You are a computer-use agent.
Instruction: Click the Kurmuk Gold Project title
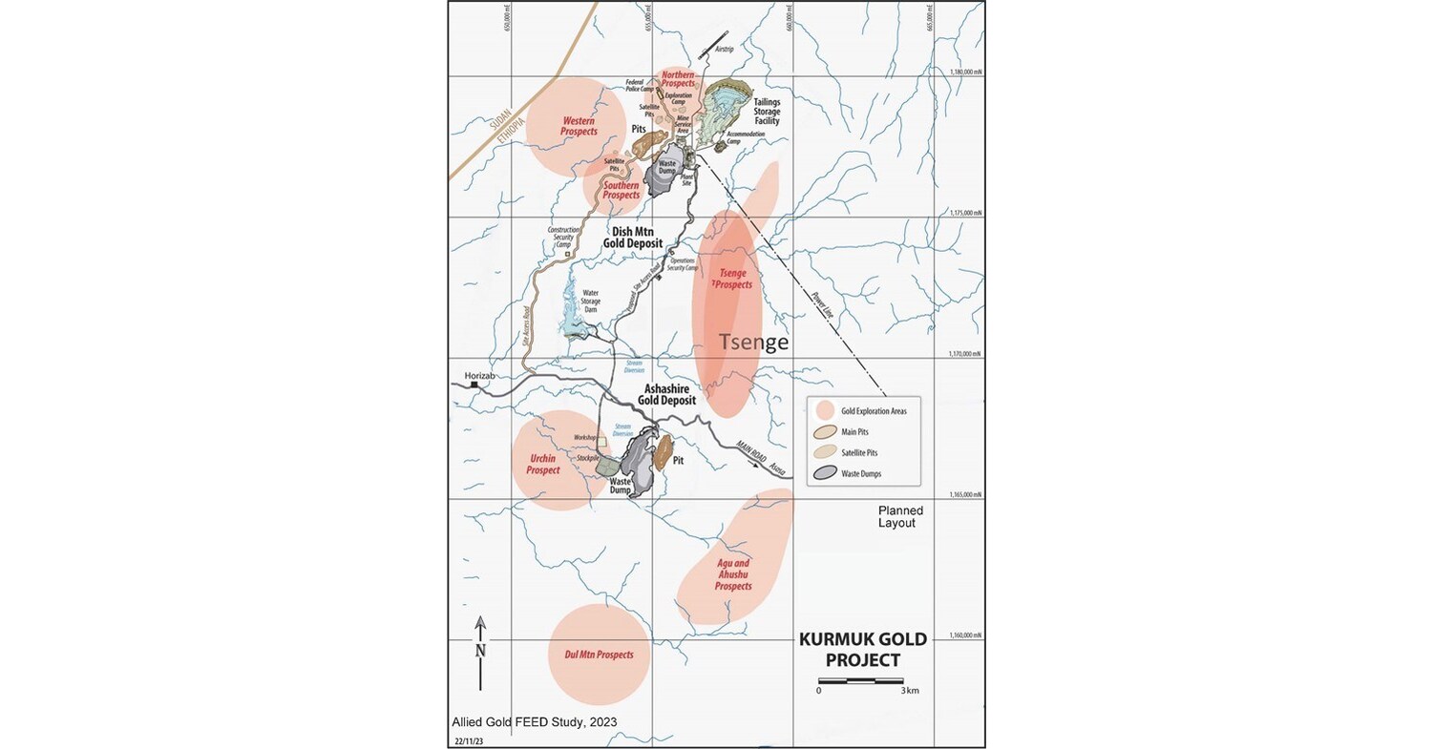tap(850, 650)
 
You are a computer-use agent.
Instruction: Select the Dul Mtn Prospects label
tap(599, 655)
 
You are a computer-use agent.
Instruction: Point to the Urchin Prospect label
tap(542, 464)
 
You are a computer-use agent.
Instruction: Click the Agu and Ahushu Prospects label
tap(733, 574)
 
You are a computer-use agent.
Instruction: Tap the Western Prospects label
tap(579, 126)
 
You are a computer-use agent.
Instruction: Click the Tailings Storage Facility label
tap(767, 112)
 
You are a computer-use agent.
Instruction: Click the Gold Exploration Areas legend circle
tap(827, 410)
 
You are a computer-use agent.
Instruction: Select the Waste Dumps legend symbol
tap(827, 472)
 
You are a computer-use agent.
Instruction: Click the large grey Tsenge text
tap(753, 343)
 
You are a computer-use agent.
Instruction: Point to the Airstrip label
tap(727, 48)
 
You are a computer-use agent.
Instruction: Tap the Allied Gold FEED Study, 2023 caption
tap(534, 722)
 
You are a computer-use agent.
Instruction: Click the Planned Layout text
tap(900, 516)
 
